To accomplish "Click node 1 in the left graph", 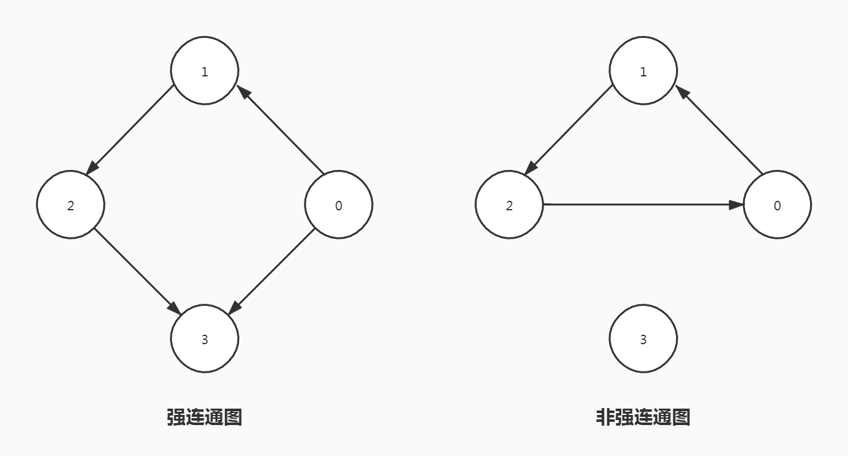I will pyautogui.click(x=205, y=71).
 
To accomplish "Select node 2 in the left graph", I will pyautogui.click(x=70, y=205).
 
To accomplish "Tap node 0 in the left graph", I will pyautogui.click(x=339, y=205).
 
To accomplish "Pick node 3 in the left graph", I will pyautogui.click(x=205, y=339).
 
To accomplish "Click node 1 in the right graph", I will pyautogui.click(x=643, y=71).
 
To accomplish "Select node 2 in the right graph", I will pyautogui.click(x=509, y=205).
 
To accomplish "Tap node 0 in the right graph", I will pyautogui.click(x=777, y=205).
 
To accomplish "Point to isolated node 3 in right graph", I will pyautogui.click(x=643, y=339).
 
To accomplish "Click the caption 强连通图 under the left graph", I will pyautogui.click(x=204, y=417).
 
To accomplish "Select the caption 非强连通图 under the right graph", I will pyautogui.click(x=643, y=417).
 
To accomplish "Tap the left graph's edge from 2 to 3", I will pyautogui.click(x=136, y=270).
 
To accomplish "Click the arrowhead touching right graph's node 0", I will pyautogui.click(x=736, y=205).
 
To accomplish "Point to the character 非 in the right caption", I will pyautogui.click(x=605, y=417).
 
